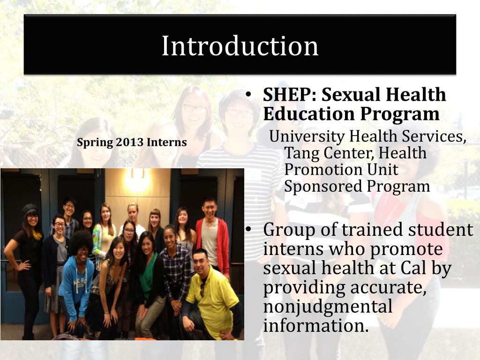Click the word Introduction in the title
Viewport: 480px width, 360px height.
[240, 46]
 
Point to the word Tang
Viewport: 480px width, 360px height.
[300, 153]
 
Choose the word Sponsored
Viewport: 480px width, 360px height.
[323, 187]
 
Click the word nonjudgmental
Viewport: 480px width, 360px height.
[327, 307]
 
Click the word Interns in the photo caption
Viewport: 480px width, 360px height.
[167, 142]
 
